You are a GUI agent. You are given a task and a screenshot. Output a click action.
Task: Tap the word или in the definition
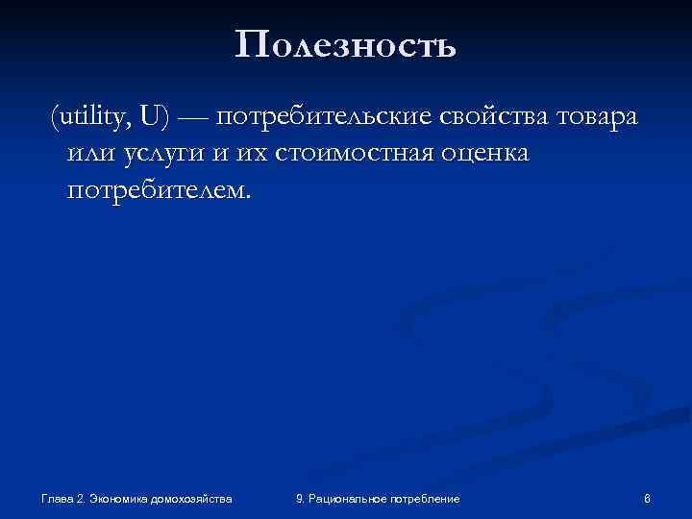[x=88, y=154]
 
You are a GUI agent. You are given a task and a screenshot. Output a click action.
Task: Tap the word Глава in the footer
[x=57, y=498]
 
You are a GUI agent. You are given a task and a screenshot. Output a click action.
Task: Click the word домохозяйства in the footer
[x=195, y=498]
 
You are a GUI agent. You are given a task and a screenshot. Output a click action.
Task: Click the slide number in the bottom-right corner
[x=648, y=498]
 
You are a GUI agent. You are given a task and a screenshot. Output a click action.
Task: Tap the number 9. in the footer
[x=301, y=498]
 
